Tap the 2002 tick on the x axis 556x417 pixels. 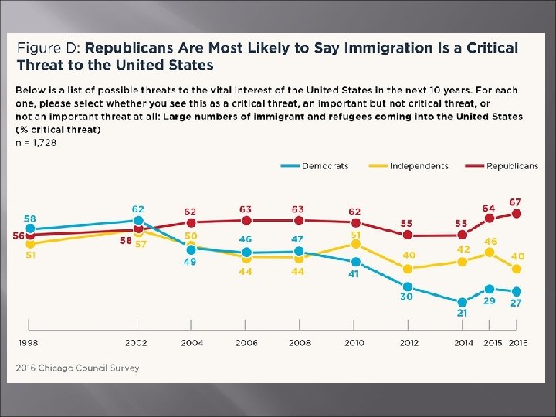tap(137, 343)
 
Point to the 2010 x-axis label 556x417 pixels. tap(354, 343)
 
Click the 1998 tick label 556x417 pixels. tap(29, 343)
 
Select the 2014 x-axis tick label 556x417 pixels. tap(462, 343)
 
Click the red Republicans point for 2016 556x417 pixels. tap(517, 213)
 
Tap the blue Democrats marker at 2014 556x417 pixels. tap(462, 302)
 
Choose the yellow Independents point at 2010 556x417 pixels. tap(354, 243)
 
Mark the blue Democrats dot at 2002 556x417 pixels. tap(137, 222)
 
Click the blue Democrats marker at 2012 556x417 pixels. tap(408, 285)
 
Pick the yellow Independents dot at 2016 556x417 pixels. tap(517, 269)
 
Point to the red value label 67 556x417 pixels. tap(516, 202)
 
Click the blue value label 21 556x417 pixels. tap(462, 314)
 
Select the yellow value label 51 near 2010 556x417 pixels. tap(354, 234)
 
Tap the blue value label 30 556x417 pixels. tap(407, 297)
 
